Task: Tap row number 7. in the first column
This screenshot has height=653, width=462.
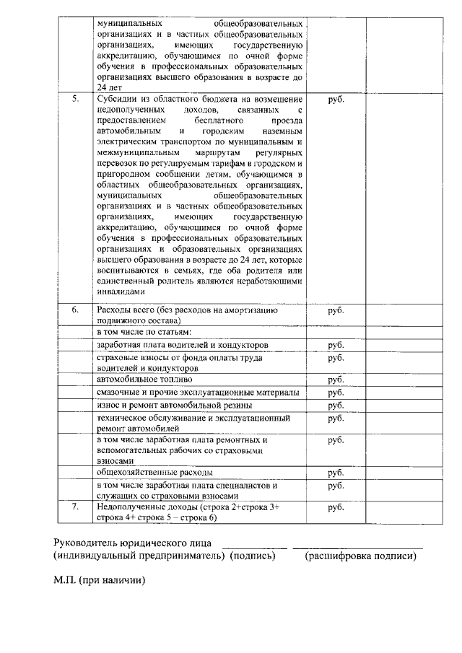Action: [76, 507]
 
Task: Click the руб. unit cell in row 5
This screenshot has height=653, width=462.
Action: [336, 99]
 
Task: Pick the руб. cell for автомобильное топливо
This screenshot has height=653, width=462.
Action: [336, 380]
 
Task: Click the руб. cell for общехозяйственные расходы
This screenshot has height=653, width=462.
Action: [336, 473]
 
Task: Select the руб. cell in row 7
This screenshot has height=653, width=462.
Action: [336, 507]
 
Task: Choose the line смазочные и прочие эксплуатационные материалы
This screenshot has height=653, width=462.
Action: [197, 392]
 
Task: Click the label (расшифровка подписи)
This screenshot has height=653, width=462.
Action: [360, 556]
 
